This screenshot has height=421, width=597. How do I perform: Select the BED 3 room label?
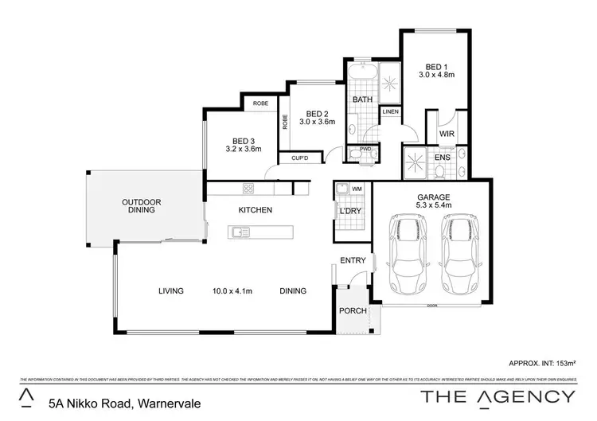coord(244,143)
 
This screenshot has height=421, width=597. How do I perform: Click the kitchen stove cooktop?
coord(248,189)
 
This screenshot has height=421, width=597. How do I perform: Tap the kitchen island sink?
coord(240,232)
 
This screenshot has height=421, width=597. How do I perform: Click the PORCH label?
coord(351,311)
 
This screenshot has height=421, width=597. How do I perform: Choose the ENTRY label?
coord(353,260)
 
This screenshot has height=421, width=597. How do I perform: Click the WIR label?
coord(447,134)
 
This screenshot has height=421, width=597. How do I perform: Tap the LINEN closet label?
coord(390,112)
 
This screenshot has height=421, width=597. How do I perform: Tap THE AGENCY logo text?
coord(498,396)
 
